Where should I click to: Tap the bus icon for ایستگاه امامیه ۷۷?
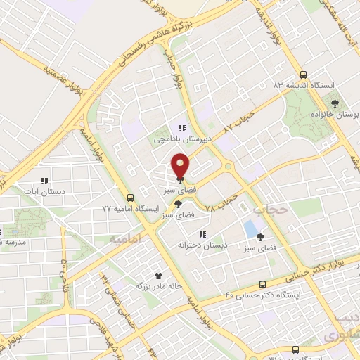click(x=131, y=198)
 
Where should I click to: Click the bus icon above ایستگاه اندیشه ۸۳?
click(x=303, y=74)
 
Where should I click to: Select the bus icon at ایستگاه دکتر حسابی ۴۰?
click(x=262, y=285)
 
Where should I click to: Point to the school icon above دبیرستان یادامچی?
click(x=181, y=128)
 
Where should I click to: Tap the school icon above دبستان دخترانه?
click(x=202, y=234)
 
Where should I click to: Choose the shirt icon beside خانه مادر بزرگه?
click(x=159, y=276)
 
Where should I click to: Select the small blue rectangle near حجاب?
click(x=250, y=229)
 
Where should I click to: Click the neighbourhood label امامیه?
click(x=126, y=240)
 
